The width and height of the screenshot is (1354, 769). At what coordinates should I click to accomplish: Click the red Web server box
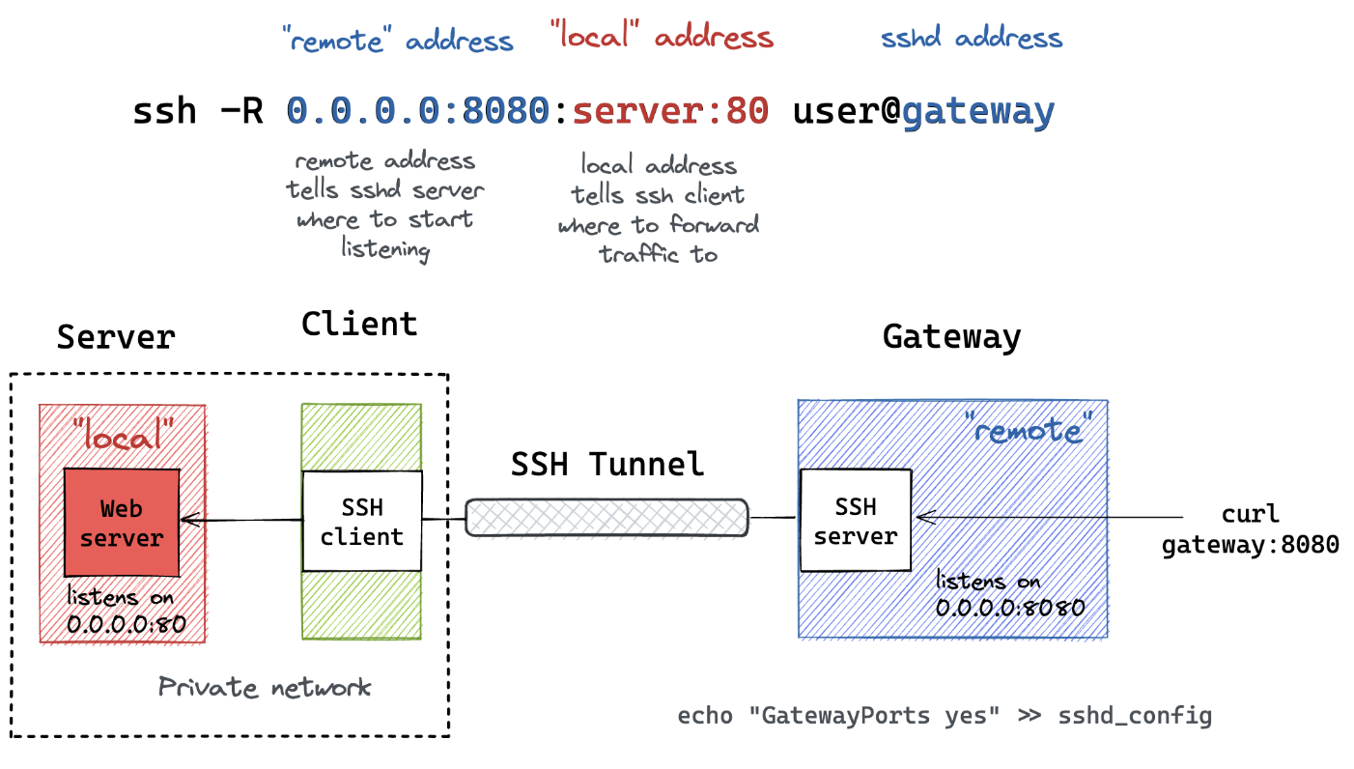(122, 523)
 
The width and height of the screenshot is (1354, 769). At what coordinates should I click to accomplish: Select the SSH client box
(362, 521)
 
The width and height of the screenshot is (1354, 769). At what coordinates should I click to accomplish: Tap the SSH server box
(856, 520)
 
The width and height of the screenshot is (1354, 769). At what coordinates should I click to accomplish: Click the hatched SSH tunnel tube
(606, 518)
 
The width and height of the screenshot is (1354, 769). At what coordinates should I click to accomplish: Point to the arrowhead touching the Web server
(190, 520)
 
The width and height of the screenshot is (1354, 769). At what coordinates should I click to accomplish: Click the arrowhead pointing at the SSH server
(925, 517)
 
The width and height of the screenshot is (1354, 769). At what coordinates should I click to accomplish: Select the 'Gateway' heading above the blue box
(951, 337)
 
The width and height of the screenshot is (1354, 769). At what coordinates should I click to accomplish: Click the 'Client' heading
(359, 324)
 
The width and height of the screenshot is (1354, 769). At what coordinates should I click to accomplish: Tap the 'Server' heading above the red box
(116, 337)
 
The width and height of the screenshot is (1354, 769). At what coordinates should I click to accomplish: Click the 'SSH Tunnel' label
(607, 465)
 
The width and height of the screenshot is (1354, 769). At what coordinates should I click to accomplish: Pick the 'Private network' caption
(265, 687)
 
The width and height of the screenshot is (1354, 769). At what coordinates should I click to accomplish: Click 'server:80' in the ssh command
(670, 111)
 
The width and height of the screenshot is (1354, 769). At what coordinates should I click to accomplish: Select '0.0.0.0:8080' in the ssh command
(417, 111)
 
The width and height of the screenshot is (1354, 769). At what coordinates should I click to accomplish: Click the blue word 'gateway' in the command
(978, 113)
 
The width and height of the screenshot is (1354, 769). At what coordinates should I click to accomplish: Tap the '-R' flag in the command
(241, 111)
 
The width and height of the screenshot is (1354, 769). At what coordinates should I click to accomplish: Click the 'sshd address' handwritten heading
(972, 38)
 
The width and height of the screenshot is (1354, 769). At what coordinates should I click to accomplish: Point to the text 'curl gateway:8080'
(1250, 529)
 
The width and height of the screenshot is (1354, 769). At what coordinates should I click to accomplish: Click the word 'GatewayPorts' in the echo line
(845, 716)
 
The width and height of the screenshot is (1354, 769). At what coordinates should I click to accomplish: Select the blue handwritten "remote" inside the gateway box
(1029, 429)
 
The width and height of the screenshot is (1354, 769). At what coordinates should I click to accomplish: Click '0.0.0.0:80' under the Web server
(126, 624)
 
